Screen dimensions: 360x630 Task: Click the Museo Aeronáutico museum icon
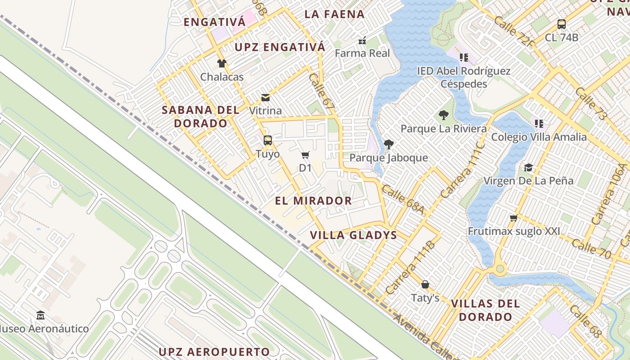pyautogui.click(x=40, y=315)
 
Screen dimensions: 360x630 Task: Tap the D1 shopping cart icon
pyautogui.click(x=306, y=155)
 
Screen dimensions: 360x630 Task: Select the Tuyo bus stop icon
pyautogui.click(x=268, y=140)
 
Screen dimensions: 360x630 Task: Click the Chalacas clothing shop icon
pyautogui.click(x=221, y=63)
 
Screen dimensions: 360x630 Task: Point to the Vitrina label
pyautogui.click(x=265, y=111)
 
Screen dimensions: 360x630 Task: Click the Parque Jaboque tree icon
pyautogui.click(x=389, y=144)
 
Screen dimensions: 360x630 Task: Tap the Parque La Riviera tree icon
pyautogui.click(x=444, y=115)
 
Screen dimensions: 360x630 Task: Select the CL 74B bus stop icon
pyautogui.click(x=561, y=24)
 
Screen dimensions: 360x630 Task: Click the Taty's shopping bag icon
pyautogui.click(x=425, y=284)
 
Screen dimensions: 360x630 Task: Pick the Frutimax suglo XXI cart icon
pyautogui.click(x=513, y=218)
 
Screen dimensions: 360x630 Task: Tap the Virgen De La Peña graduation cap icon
pyautogui.click(x=528, y=167)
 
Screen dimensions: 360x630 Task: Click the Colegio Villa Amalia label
pyautogui.click(x=539, y=137)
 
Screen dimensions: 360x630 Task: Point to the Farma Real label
pyautogui.click(x=363, y=53)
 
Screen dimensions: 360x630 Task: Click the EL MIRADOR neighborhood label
pyautogui.click(x=313, y=201)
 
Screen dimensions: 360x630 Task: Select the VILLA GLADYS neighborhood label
pyautogui.click(x=354, y=235)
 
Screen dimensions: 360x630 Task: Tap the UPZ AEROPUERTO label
pyautogui.click(x=214, y=351)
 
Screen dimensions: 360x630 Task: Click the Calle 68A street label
pyautogui.click(x=403, y=198)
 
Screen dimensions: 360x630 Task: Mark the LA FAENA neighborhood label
pyautogui.click(x=334, y=14)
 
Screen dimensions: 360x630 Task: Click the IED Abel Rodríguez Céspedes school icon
pyautogui.click(x=464, y=57)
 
